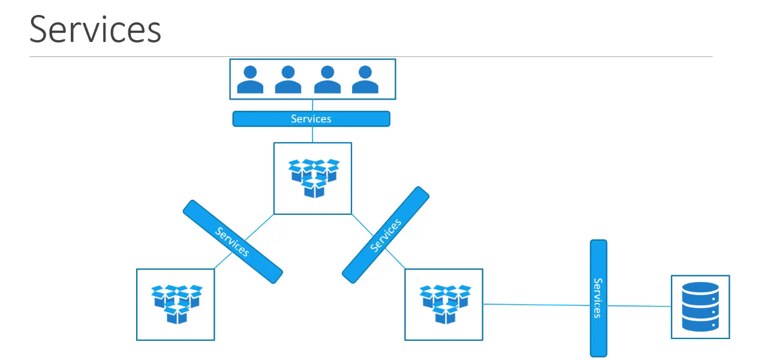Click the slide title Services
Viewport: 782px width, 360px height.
coord(95,29)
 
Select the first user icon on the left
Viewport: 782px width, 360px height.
coord(250,79)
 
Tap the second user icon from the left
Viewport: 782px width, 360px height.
coord(288,79)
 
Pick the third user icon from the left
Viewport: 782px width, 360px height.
coord(327,79)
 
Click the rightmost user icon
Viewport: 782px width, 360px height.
coord(365,79)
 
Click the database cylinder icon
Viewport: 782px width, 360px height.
coord(700,307)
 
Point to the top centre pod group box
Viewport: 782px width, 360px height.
coord(312,178)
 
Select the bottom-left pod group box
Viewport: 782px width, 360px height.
coord(175,304)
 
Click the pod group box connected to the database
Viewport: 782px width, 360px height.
coord(444,304)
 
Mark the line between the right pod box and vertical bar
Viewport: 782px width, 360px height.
coord(537,305)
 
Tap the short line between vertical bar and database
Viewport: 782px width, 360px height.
coord(639,306)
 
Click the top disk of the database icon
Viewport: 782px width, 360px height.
coord(700,289)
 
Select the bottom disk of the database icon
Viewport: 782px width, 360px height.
coord(700,325)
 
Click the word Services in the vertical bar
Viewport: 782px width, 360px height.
coord(597,298)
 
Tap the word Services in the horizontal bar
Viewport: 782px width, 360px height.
coord(311,119)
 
